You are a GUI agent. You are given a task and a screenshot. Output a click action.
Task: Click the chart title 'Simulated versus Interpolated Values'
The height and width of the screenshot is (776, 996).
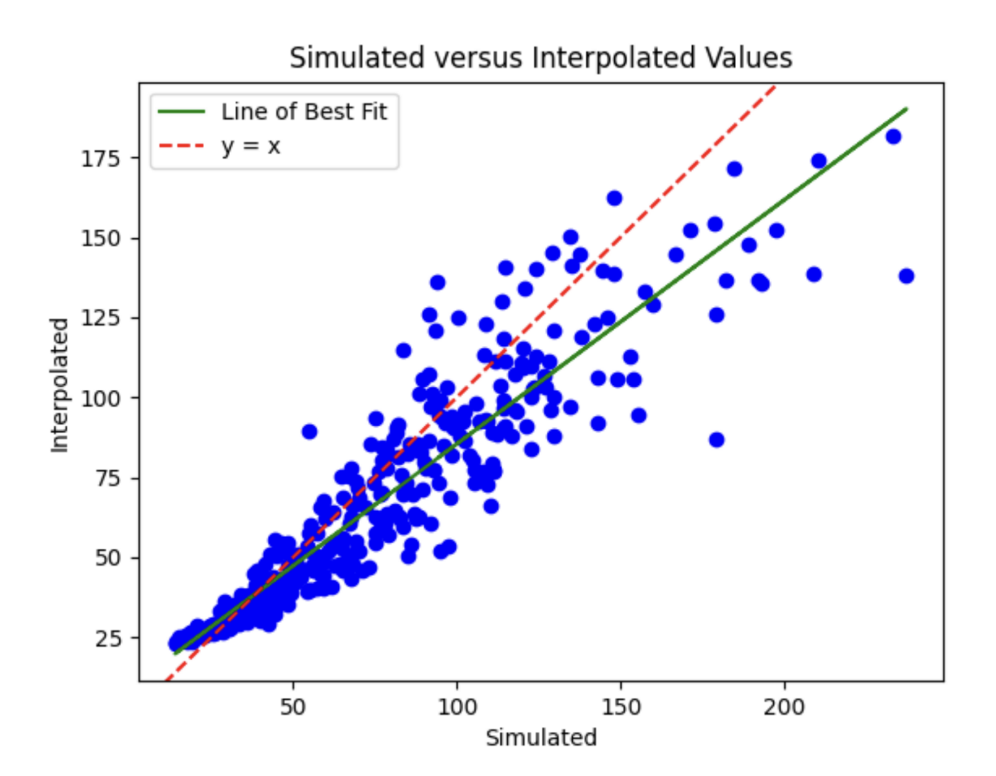click(540, 58)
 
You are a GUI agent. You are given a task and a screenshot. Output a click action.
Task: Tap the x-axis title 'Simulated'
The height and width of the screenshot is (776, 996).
click(540, 737)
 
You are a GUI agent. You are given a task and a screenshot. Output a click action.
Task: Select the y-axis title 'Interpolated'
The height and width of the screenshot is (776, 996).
click(60, 385)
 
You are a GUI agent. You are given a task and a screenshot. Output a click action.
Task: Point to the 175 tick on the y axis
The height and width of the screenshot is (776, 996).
click(101, 158)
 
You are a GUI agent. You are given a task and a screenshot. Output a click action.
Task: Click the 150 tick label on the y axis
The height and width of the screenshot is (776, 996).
click(101, 238)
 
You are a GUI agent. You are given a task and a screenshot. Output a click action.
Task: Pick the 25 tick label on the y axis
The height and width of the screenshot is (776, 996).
click(108, 638)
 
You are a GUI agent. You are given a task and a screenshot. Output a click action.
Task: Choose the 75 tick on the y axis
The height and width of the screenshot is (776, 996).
click(108, 478)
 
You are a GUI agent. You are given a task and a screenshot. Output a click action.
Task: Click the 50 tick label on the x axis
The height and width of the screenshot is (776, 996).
click(293, 707)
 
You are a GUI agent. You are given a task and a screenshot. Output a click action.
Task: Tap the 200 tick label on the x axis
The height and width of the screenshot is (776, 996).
click(784, 707)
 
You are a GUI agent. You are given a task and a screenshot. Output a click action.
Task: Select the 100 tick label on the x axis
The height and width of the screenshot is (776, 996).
click(457, 707)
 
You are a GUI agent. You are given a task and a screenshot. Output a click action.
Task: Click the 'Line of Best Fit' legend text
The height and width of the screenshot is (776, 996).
click(303, 112)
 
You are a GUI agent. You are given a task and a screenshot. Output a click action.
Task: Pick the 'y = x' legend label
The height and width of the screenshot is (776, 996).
click(251, 146)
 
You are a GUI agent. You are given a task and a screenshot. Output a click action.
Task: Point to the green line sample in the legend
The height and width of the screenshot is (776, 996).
click(181, 112)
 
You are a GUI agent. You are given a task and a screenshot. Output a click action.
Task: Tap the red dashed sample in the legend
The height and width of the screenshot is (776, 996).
click(181, 146)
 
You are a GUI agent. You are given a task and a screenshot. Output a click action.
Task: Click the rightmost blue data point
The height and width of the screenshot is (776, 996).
click(906, 276)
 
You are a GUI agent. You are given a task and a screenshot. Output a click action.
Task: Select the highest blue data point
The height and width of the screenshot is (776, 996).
click(893, 137)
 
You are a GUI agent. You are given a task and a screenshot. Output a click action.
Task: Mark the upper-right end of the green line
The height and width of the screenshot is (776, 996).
click(906, 109)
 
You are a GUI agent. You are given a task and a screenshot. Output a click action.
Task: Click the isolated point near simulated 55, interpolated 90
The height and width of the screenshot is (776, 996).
click(309, 431)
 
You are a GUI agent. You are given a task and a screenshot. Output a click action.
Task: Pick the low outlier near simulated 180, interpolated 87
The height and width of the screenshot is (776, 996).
click(716, 440)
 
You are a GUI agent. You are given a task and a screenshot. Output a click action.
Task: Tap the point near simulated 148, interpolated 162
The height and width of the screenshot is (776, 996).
click(614, 198)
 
